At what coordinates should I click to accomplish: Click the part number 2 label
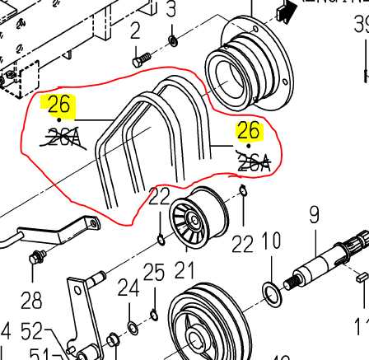pyautogui.click(x=136, y=31)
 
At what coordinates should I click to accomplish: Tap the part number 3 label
pyautogui.click(x=171, y=11)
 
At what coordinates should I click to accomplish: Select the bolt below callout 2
pyautogui.click(x=141, y=58)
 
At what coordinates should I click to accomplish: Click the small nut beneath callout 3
pyautogui.click(x=172, y=40)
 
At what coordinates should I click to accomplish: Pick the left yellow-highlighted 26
pyautogui.click(x=60, y=105)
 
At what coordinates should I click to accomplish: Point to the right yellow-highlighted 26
pyautogui.click(x=249, y=131)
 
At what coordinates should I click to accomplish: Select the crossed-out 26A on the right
pyautogui.click(x=253, y=163)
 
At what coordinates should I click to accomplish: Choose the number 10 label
pyautogui.click(x=271, y=243)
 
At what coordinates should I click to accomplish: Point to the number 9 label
pyautogui.click(x=314, y=216)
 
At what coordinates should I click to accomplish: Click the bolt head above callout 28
pyautogui.click(x=35, y=259)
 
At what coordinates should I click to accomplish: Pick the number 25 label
pyautogui.click(x=154, y=272)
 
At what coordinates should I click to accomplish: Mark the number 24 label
pyautogui.click(x=128, y=288)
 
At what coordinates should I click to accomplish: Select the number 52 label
pyautogui.click(x=32, y=333)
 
